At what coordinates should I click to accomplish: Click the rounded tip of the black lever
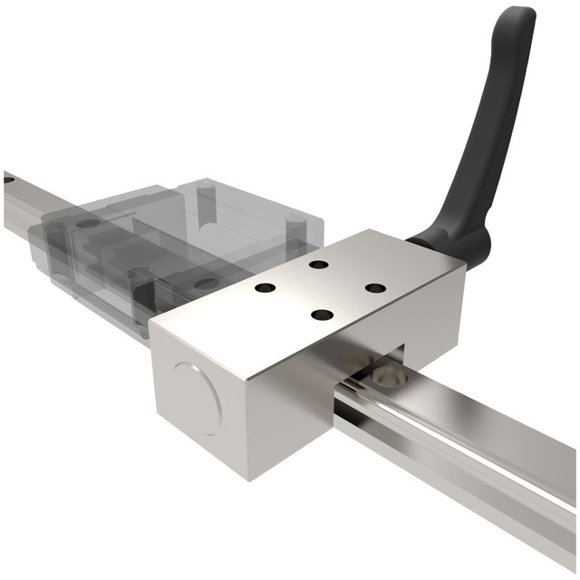pos(518,18)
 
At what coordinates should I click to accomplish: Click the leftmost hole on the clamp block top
pos(266,288)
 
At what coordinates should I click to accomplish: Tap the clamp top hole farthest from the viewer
pos(318,265)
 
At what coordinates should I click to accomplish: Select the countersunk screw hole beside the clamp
pos(387,374)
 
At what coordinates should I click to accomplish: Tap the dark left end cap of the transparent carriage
pos(45,240)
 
